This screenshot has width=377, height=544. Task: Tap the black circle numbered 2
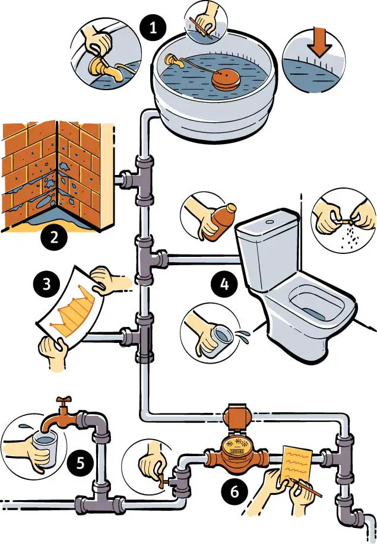click(x=54, y=238)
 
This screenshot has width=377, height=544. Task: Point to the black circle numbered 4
click(x=223, y=285)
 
